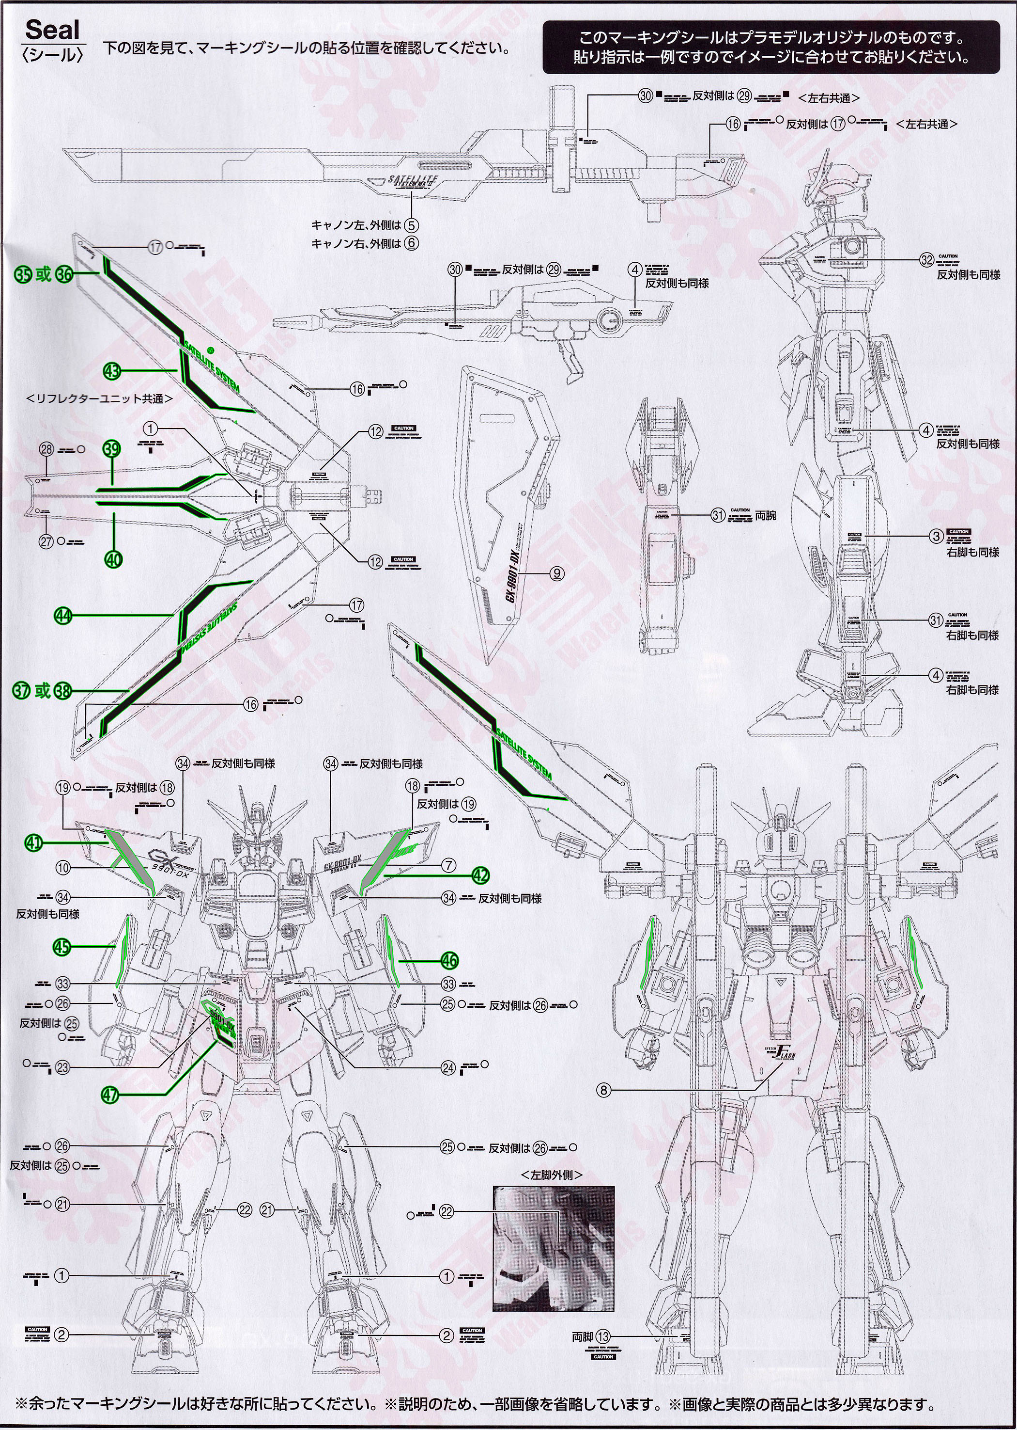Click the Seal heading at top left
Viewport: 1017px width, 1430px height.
pyautogui.click(x=53, y=30)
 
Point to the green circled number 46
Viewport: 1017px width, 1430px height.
pyautogui.click(x=449, y=959)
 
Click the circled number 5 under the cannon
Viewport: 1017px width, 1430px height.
pyautogui.click(x=411, y=225)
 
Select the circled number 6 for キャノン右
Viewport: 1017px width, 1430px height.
pyautogui.click(x=411, y=243)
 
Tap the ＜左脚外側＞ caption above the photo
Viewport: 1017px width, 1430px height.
pyautogui.click(x=551, y=1175)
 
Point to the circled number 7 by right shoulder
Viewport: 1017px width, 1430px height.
pyautogui.click(x=448, y=865)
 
